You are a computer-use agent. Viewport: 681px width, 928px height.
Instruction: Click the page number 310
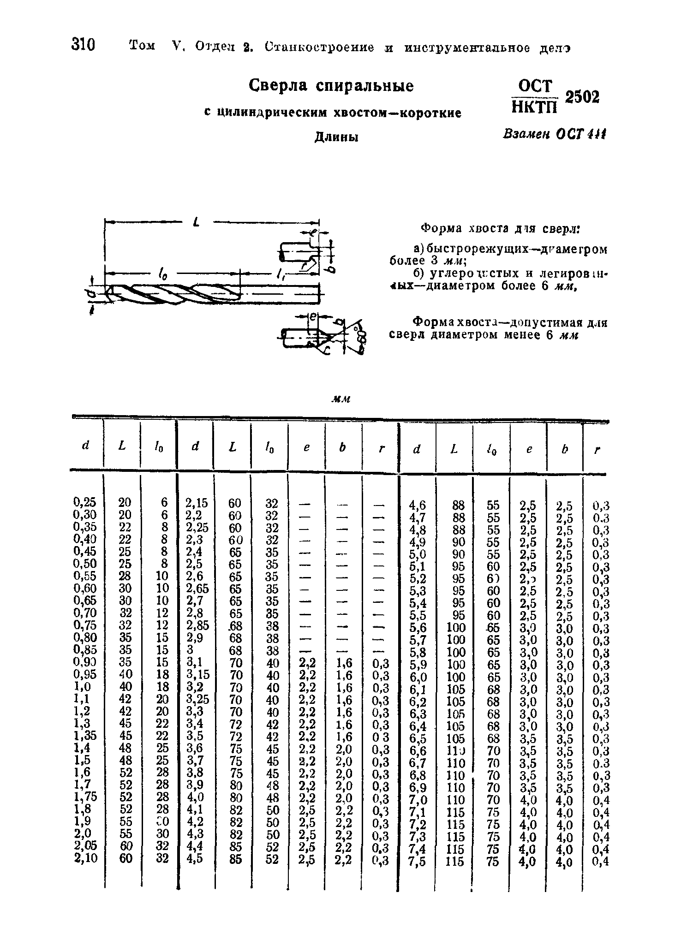84,45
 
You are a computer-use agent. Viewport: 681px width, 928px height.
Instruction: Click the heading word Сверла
281,86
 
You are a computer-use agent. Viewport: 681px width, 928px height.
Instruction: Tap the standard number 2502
582,97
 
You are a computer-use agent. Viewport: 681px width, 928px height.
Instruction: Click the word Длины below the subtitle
337,137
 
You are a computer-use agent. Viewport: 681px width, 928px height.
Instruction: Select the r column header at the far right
597,450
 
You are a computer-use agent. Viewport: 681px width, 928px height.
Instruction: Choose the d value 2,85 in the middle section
197,625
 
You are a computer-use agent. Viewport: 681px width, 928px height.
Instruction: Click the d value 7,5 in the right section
418,862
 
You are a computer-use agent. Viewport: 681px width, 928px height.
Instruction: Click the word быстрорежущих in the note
464,250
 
